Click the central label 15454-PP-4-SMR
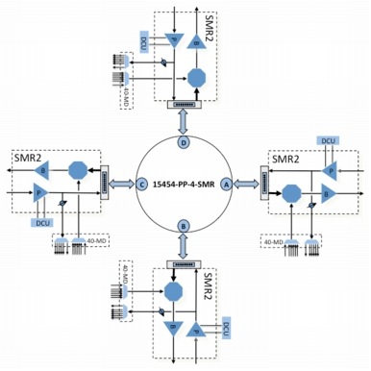(x=185, y=185)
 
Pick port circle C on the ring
(x=141, y=185)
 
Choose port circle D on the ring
(x=185, y=142)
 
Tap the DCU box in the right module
(x=328, y=140)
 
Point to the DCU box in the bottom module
(x=228, y=329)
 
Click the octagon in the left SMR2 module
(x=78, y=170)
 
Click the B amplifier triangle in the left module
(x=42, y=170)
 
